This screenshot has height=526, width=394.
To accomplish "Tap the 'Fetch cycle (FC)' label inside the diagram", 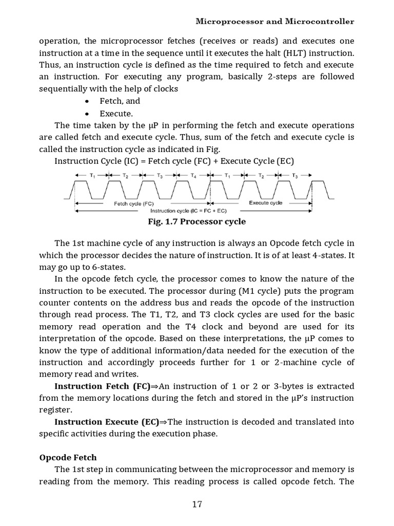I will click(x=133, y=203).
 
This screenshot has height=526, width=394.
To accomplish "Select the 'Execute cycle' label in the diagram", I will click(x=265, y=203).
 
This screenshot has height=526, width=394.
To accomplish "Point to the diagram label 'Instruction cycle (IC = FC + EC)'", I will click(x=188, y=211).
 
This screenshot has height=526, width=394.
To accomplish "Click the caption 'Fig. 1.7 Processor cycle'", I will click(x=196, y=221).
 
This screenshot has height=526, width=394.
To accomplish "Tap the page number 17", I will click(x=197, y=504).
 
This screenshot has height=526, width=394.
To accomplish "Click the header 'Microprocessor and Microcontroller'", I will click(x=275, y=22).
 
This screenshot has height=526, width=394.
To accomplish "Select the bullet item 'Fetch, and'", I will click(x=120, y=101).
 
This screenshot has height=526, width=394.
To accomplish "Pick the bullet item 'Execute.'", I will click(x=116, y=114).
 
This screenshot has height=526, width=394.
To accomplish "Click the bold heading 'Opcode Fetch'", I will click(x=68, y=457).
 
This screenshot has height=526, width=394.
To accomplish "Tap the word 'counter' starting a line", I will click(x=55, y=303).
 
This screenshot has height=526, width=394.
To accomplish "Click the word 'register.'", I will click(x=55, y=410).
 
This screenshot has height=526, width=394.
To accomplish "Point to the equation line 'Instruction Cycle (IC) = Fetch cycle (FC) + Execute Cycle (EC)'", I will click(x=174, y=161).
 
